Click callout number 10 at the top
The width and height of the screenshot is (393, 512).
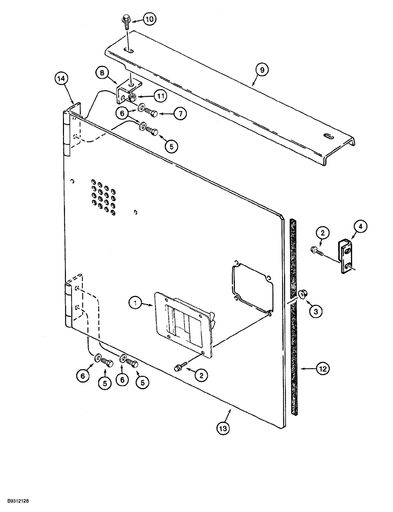[148, 20]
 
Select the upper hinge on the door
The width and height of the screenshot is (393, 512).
[65, 133]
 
